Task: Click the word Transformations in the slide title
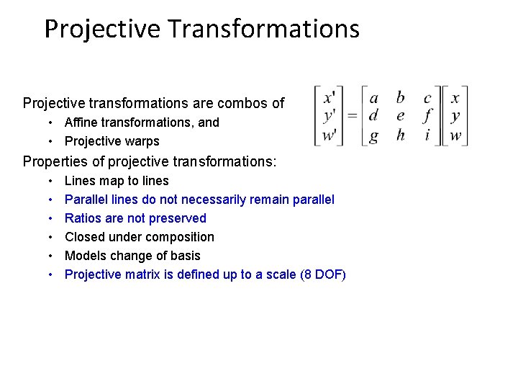tap(263, 29)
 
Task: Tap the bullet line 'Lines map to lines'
tap(117, 181)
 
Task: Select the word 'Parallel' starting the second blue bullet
tap(86, 200)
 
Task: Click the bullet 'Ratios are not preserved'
tap(135, 218)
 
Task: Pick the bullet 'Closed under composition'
tap(140, 237)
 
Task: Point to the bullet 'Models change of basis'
tap(132, 256)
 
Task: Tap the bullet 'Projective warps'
tap(112, 141)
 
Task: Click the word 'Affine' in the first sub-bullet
tap(81, 122)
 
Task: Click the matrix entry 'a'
tap(373, 97)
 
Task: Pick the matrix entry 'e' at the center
tap(401, 116)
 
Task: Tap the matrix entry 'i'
tap(427, 135)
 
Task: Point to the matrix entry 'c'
tap(427, 98)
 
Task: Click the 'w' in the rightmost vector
tap(455, 135)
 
